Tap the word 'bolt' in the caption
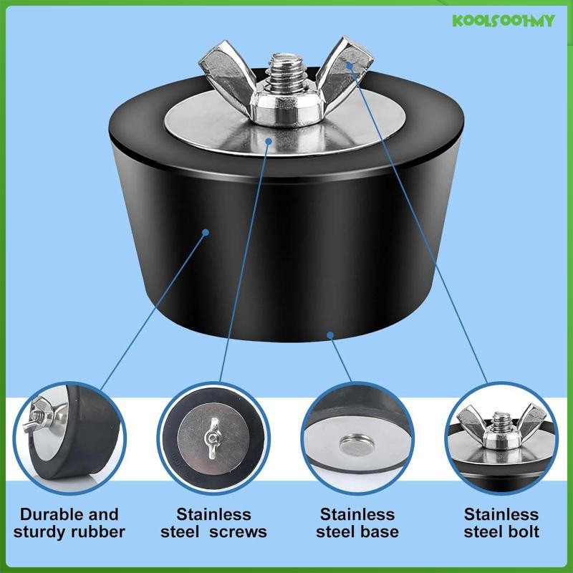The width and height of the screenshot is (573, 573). tap(521, 531)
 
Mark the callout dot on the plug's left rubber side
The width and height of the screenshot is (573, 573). tap(206, 232)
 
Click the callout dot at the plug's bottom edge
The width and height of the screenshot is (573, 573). tap(329, 334)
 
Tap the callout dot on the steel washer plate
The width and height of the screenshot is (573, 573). tap(268, 141)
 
